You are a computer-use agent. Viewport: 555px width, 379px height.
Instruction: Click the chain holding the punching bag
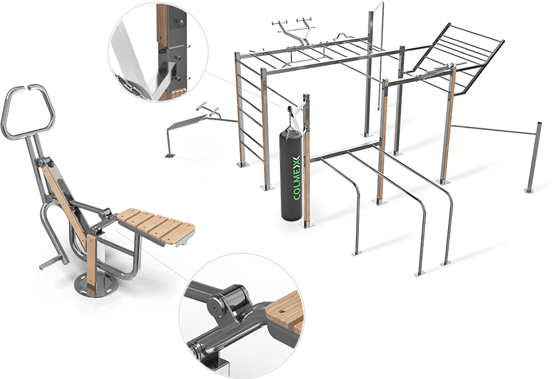pos(290,120)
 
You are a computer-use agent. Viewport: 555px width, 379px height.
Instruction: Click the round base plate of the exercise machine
pos(95,284)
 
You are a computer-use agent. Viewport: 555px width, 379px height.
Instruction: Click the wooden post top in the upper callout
pos(162,24)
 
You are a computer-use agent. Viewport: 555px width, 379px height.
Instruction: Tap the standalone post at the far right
pos(534,157)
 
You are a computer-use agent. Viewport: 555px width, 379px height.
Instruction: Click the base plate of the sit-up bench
pos(169,156)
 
